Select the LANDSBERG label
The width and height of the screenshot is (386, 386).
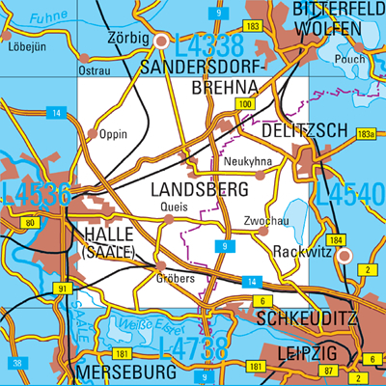coord(198,191)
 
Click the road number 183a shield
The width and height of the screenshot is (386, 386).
coord(365,133)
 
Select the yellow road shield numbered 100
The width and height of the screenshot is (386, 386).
coord(245,104)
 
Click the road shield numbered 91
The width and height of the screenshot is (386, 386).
coord(63,289)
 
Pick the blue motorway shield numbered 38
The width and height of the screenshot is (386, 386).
coord(16,363)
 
